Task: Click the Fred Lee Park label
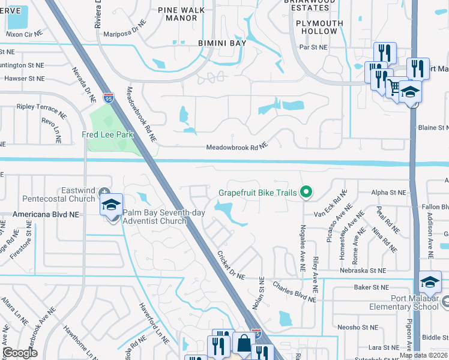coord(107,135)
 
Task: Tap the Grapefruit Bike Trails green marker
coord(306,193)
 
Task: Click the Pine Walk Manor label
coord(178,14)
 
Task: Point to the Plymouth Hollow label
coord(319,27)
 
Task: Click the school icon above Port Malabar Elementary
coord(430,281)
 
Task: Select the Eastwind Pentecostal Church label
coord(59,194)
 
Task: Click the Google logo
coord(20,353)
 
